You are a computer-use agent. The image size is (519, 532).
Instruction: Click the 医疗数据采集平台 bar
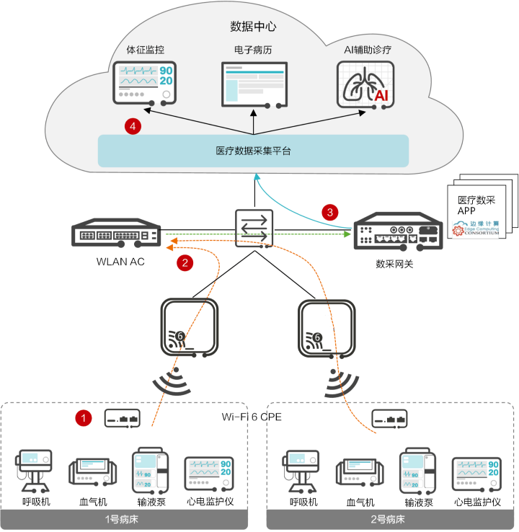253,151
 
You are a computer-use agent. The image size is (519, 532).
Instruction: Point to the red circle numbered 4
132,126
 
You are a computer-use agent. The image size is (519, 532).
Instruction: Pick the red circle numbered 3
331,212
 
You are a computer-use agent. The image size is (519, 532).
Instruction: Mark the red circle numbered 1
85,417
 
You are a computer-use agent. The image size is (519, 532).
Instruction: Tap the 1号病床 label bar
125,520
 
